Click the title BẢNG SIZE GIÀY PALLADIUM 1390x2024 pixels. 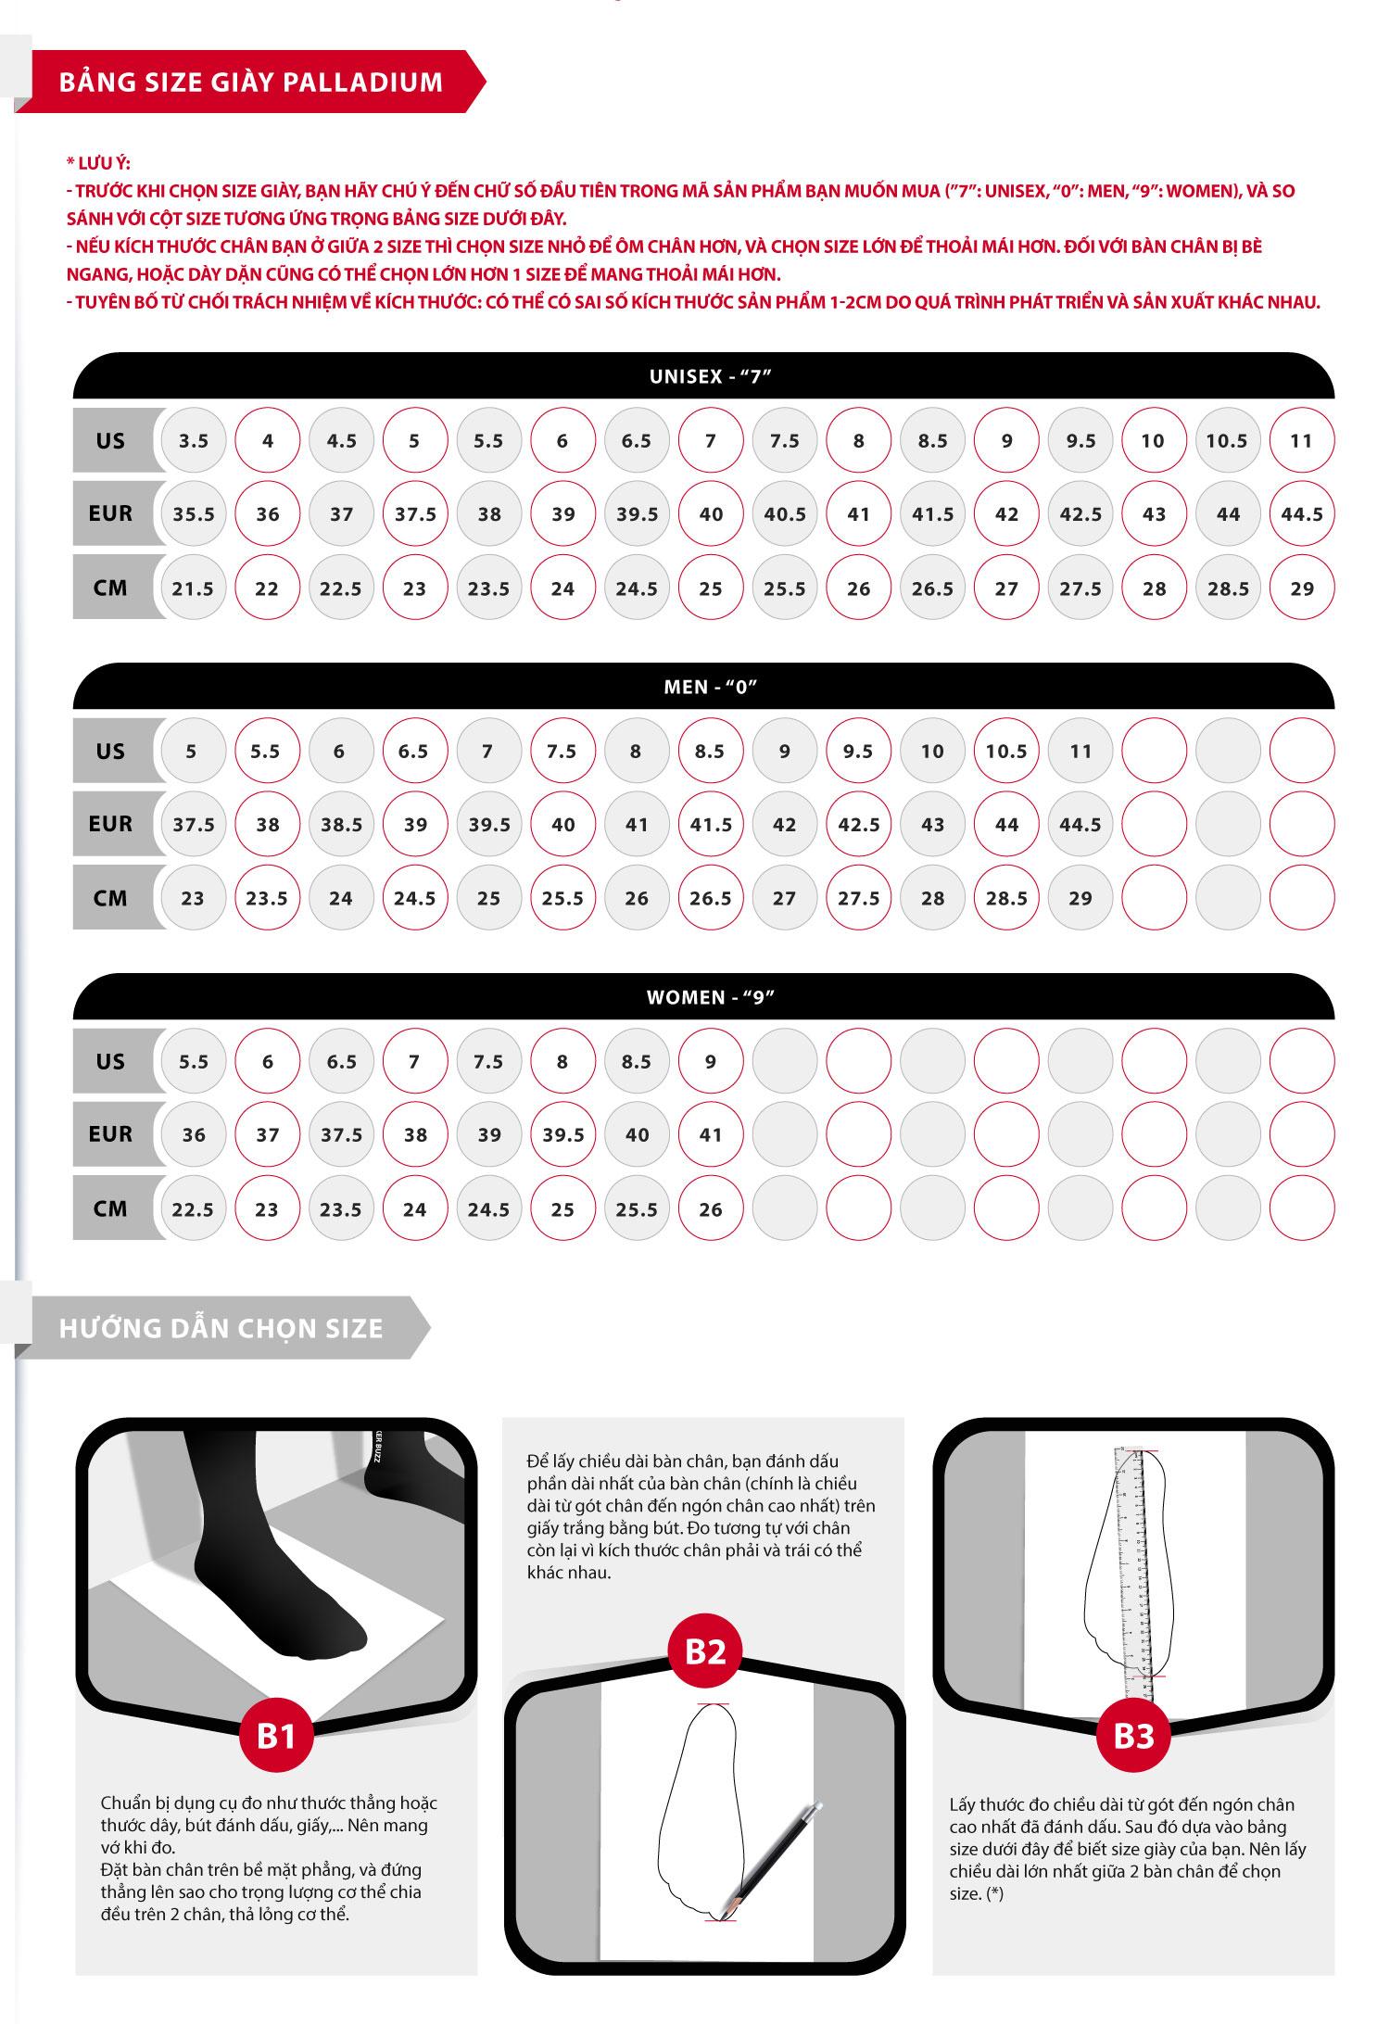251,82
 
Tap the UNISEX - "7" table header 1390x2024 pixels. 711,377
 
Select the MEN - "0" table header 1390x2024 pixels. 711,688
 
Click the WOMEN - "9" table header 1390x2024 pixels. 711,998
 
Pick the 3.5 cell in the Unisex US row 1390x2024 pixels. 194,441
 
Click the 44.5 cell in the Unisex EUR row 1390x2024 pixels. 1302,514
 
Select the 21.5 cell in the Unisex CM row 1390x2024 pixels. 194,588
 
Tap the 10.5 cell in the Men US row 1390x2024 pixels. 1006,752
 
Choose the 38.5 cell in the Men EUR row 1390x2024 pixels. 341,825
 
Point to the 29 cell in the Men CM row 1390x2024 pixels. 1080,898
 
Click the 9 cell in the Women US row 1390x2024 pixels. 711,1062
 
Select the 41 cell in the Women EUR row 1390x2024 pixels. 711,1135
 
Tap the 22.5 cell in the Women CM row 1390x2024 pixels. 194,1209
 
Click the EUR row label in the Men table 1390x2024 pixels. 110,824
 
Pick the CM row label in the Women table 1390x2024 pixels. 110,1208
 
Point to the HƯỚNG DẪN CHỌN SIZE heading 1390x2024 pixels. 221,1328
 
